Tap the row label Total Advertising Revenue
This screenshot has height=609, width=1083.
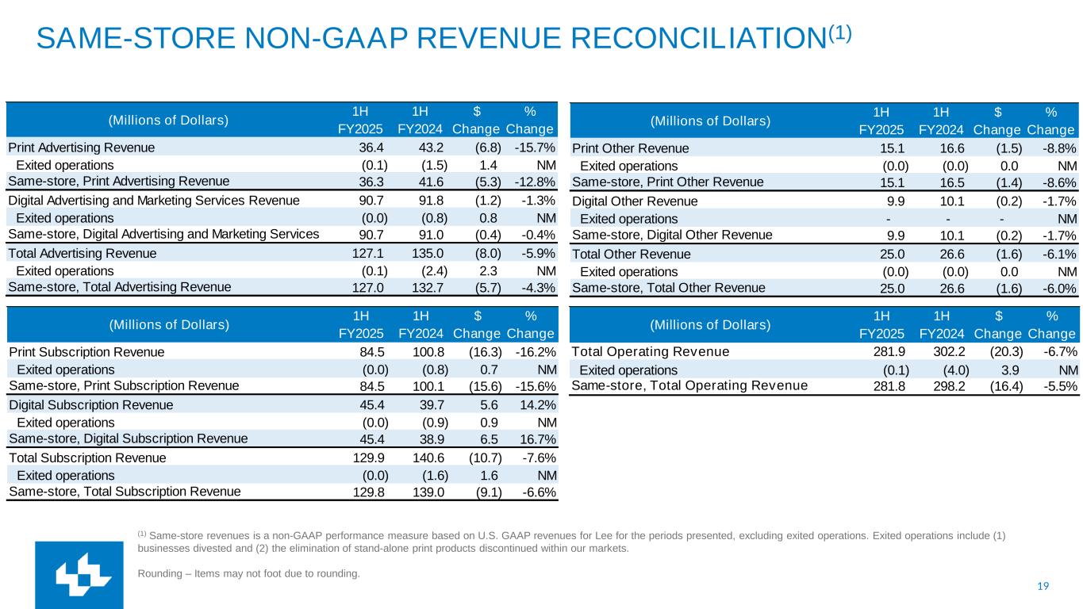point(83,254)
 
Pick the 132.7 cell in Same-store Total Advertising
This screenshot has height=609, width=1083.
point(432,287)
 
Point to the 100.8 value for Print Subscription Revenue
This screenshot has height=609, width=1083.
point(431,352)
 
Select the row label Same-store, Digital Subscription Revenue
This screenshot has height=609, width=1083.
point(128,439)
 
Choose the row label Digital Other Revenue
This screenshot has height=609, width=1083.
point(635,201)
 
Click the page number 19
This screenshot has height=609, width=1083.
point(1043,586)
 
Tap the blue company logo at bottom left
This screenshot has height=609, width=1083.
point(79,576)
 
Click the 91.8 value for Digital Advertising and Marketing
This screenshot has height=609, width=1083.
point(432,201)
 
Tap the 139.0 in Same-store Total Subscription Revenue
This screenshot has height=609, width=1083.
point(432,492)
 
